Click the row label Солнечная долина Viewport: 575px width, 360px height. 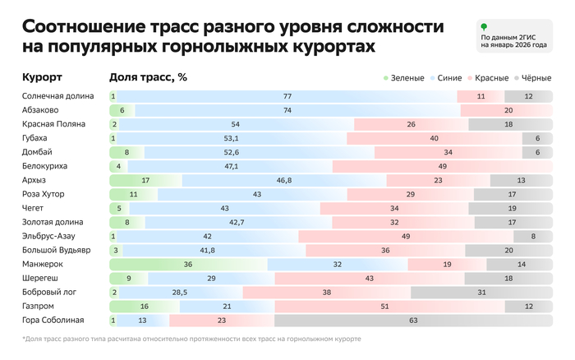click(x=53, y=96)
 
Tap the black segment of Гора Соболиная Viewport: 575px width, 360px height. click(x=413, y=320)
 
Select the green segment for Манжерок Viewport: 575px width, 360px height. click(x=189, y=264)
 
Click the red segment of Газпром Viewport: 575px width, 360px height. click(x=408, y=306)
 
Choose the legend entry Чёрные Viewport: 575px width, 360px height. click(x=534, y=78)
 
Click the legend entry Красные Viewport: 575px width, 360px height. click(x=490, y=78)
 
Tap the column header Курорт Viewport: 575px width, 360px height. click(x=42, y=77)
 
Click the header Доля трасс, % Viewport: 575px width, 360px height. click(x=148, y=77)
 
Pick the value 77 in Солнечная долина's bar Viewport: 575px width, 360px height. click(x=287, y=96)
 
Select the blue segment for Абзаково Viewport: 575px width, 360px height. click(x=287, y=110)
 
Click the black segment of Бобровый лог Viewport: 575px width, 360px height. click(x=481, y=292)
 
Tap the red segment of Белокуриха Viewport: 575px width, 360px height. click(x=443, y=166)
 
